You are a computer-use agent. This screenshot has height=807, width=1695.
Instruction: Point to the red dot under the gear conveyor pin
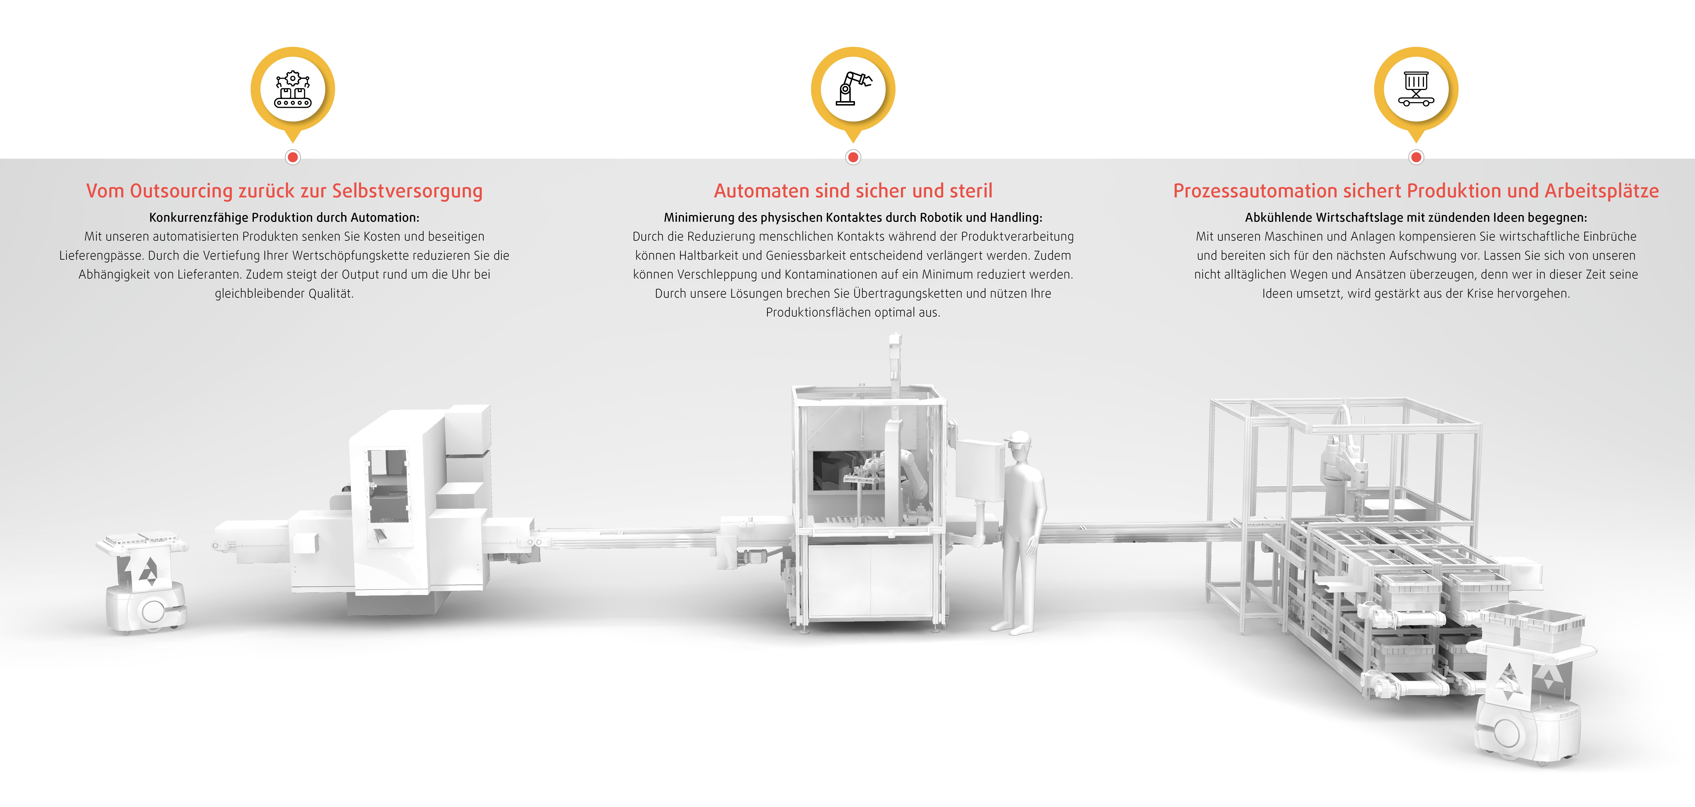point(293,157)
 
